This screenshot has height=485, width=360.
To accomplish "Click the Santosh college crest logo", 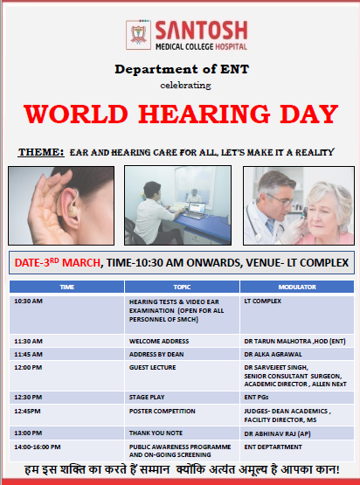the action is pos(138,35).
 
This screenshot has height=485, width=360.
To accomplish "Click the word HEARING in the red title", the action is pos(204,114).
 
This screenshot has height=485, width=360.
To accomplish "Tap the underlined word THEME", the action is pos(41,152).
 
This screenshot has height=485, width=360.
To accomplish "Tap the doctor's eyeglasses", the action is pos(281,200).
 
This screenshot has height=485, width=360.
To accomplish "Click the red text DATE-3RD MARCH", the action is pos(58,263).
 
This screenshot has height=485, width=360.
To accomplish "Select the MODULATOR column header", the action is pos(297,287).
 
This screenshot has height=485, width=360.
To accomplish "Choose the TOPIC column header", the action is pos(182,287).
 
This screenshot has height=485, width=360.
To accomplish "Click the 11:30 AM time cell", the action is pos(66,341).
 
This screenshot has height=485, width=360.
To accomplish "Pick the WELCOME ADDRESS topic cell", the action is pos(182,341).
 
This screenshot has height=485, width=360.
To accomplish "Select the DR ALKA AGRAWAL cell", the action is pos(297,354).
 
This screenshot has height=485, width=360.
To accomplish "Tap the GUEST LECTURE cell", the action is pos(182,376).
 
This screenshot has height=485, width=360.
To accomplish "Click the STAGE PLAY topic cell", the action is pos(182,398).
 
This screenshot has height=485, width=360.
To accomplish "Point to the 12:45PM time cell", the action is pos(66,415).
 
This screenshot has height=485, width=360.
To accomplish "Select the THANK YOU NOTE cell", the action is pos(182,433).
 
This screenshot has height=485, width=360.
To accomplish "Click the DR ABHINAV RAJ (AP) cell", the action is pos(297,433).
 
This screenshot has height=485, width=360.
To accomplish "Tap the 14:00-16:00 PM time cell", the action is pos(66,451).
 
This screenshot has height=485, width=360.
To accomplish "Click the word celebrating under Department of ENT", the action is pos(185,86).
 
